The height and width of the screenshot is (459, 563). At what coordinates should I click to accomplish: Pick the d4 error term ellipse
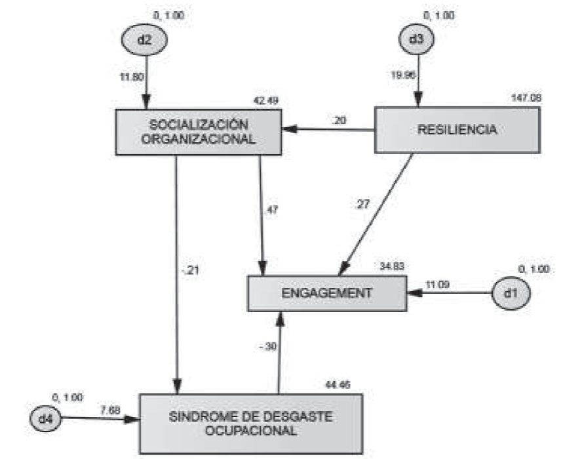coord(45,418)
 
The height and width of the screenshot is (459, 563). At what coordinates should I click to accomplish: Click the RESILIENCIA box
coord(457,130)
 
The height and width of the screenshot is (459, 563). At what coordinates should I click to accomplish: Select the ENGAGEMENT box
coord(326,293)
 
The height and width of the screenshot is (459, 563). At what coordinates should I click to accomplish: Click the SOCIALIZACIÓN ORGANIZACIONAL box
coord(198,131)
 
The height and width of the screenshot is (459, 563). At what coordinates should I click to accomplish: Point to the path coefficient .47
coord(271,210)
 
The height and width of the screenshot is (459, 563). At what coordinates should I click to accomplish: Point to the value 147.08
coord(526,98)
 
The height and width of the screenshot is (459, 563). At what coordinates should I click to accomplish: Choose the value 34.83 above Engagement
coord(393,266)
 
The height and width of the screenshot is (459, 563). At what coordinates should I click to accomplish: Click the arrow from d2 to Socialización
coord(146,82)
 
